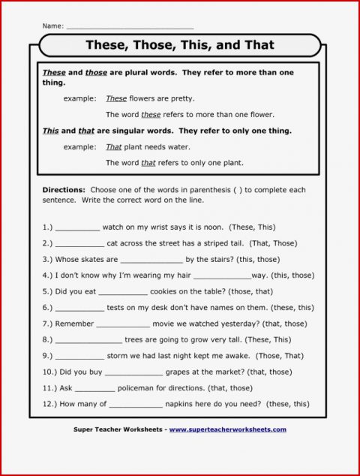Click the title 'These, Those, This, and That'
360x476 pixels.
point(180,45)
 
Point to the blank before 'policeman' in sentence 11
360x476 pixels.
point(95,388)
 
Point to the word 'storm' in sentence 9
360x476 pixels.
point(123,356)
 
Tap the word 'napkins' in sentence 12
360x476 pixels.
point(188,404)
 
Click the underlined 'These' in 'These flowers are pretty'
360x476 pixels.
point(116,98)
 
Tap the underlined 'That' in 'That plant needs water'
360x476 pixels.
point(114,147)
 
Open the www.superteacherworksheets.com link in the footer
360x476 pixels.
point(227,429)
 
